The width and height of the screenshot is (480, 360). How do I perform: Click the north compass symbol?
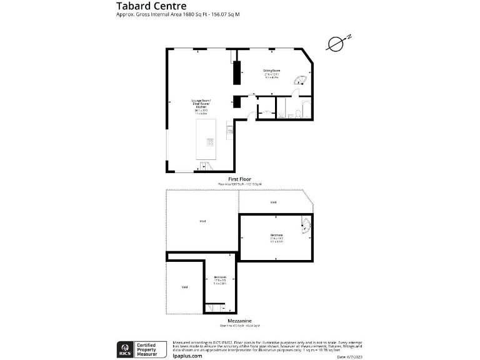[337, 43]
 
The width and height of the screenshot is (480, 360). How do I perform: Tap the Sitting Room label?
[271, 71]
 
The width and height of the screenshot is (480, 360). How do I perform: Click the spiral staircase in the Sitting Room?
[301, 79]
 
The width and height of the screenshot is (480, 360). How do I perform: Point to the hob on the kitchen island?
[211, 142]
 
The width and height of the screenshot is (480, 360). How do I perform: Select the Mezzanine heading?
[239, 320]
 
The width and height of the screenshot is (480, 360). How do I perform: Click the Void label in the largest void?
[202, 221]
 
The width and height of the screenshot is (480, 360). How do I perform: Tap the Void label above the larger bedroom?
[273, 202]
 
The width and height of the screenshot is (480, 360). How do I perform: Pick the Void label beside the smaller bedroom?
[184, 287]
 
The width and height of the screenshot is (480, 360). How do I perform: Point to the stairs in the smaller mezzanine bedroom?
[216, 307]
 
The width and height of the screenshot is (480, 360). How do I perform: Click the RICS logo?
[124, 347]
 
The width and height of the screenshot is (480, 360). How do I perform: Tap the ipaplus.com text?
[187, 356]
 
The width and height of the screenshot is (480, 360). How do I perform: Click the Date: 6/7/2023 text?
[349, 356]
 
